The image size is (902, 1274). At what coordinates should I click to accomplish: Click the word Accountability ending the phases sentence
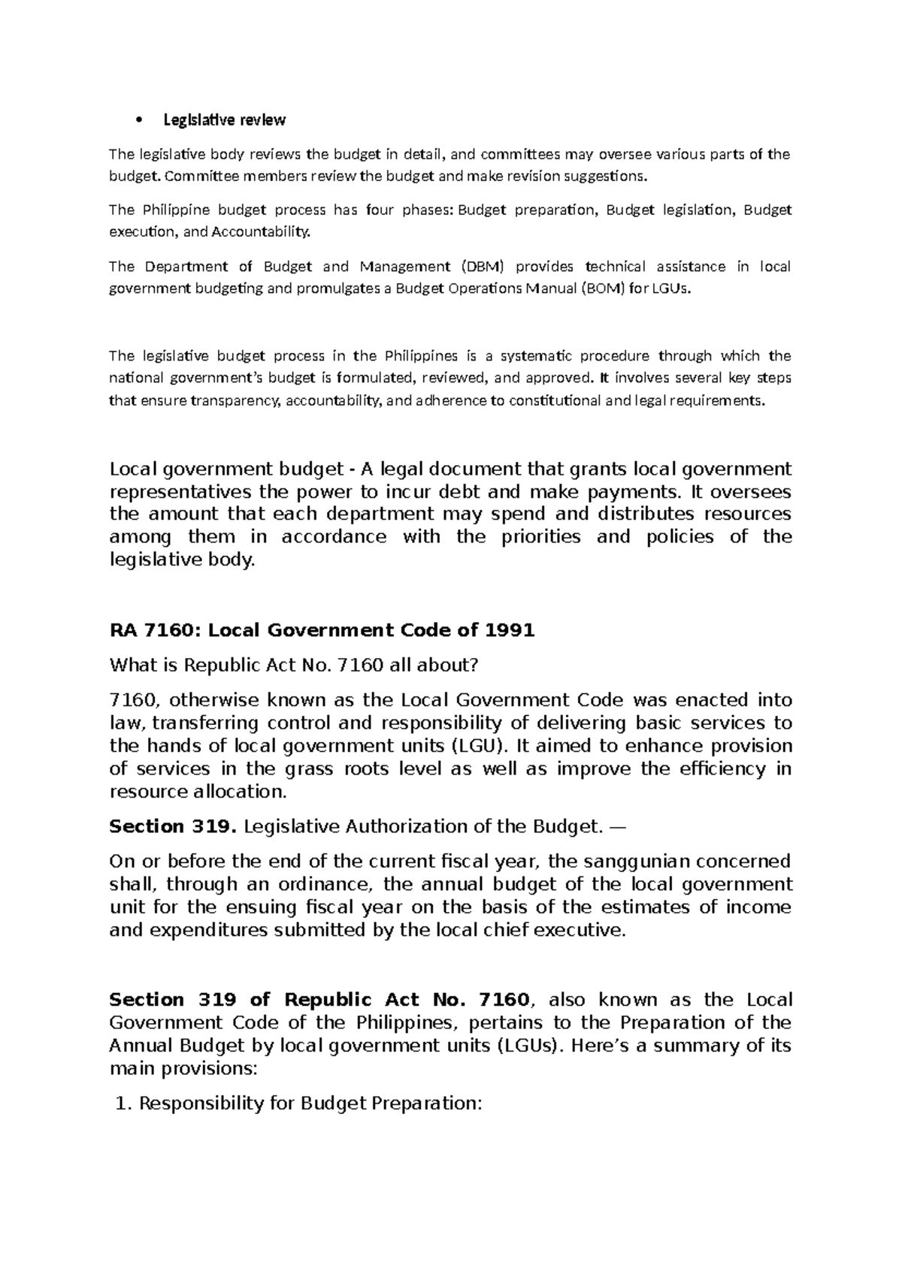(260, 232)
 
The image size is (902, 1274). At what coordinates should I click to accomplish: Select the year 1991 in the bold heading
(509, 630)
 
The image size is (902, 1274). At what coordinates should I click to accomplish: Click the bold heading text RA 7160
(154, 630)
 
